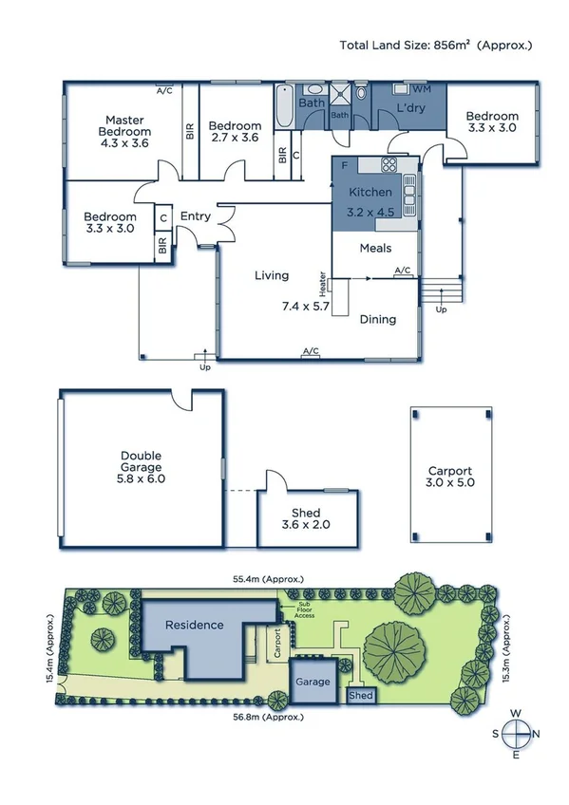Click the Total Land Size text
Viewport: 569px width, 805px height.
(x=436, y=45)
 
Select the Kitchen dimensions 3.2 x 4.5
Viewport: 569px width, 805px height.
(x=371, y=212)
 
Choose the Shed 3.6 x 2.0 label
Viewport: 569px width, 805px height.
(x=306, y=518)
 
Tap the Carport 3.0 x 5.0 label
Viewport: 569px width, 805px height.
(x=449, y=477)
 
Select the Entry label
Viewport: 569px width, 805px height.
(x=196, y=216)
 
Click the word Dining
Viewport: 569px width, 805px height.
(x=377, y=319)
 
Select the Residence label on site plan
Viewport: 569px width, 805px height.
(x=194, y=625)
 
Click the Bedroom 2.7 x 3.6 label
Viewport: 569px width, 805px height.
(x=235, y=131)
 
